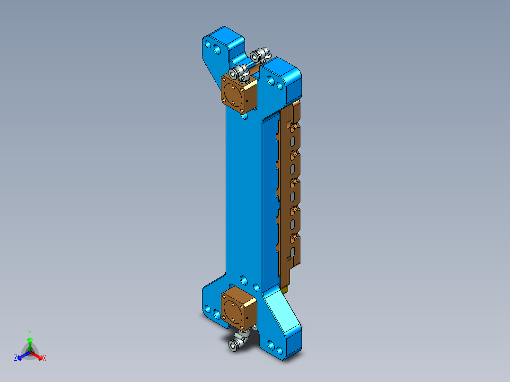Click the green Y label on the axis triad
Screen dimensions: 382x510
pos(29,332)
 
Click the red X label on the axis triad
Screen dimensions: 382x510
pos(44,358)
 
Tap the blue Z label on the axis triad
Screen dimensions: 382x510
pos(16,358)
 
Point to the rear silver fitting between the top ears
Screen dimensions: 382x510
pos(260,55)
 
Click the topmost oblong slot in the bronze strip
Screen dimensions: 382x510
pos(293,140)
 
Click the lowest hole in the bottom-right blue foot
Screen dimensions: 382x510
pos(280,351)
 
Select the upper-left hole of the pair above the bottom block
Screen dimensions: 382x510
pos(243,279)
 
